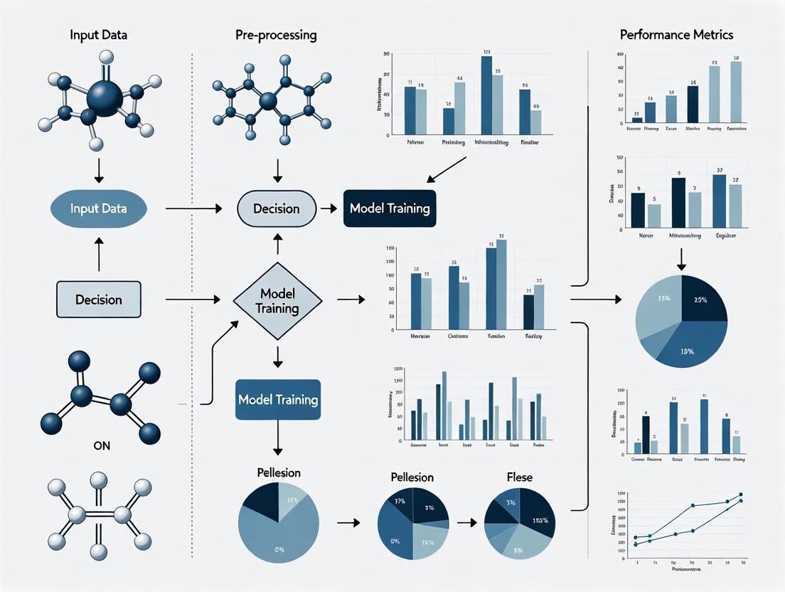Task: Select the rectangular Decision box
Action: coord(98,300)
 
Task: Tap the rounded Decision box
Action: coord(276,208)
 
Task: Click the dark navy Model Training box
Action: coord(389,208)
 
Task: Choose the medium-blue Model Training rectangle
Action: coord(278,399)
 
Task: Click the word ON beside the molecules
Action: coord(102,447)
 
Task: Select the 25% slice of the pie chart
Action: coord(703,300)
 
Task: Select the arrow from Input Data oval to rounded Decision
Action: coord(193,208)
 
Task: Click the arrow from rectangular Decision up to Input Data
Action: coord(99,254)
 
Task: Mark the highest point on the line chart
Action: coord(741,494)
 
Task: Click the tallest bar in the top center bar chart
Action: coord(486,95)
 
